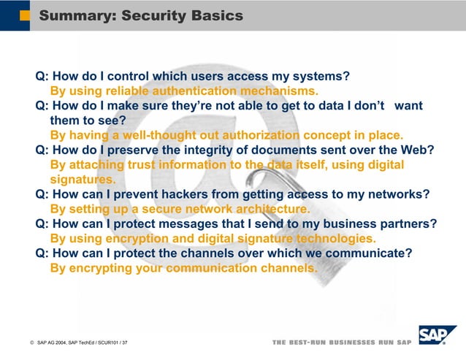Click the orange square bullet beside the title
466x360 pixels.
(x=25, y=15)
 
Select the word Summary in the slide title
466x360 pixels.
(x=73, y=15)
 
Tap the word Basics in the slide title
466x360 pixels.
(x=217, y=15)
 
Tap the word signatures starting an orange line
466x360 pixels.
(x=83, y=179)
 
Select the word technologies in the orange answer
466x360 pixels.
(x=337, y=238)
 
